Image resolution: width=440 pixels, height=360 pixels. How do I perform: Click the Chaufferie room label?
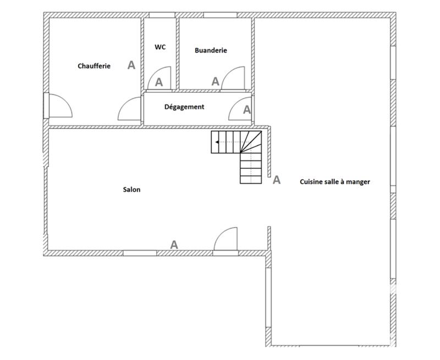coord(94,66)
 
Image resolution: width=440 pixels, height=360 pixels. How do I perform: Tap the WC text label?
coord(160,47)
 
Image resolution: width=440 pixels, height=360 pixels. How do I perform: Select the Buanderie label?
coord(211,50)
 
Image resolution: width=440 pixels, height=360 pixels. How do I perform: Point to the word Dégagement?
coord(184,107)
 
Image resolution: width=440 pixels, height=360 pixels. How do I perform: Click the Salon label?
coord(131,190)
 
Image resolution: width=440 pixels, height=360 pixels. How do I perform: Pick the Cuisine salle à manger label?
coord(334,181)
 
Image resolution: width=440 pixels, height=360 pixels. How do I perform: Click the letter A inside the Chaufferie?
coord(131,65)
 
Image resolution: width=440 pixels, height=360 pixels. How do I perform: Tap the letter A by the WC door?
coord(159,82)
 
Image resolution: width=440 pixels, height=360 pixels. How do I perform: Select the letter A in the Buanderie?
coord(216,81)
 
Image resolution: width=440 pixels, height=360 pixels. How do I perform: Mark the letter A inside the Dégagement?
coord(247,110)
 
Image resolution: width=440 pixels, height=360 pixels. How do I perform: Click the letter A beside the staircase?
coord(277,180)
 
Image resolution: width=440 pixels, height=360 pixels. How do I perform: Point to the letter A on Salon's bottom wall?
coord(174,245)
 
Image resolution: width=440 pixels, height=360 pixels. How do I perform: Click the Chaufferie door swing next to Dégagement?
coord(130,109)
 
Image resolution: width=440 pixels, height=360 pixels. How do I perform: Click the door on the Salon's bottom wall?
coord(226,240)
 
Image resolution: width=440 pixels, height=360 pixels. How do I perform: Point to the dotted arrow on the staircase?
coord(230,142)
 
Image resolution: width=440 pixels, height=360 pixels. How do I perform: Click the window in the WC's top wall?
coord(160,15)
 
